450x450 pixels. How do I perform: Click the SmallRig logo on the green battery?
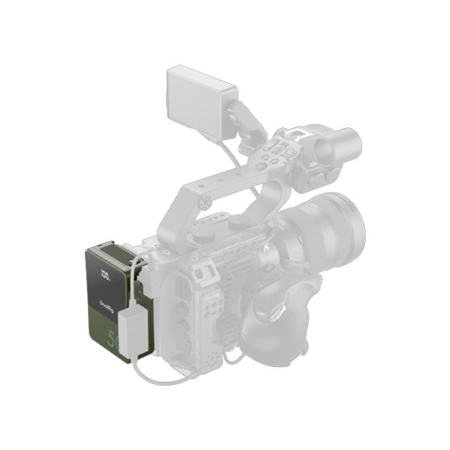pos(108,304)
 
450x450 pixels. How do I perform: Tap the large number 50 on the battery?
pos(113,340)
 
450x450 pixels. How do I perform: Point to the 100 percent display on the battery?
pos(106,274)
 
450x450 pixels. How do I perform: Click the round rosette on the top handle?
pos(205,203)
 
